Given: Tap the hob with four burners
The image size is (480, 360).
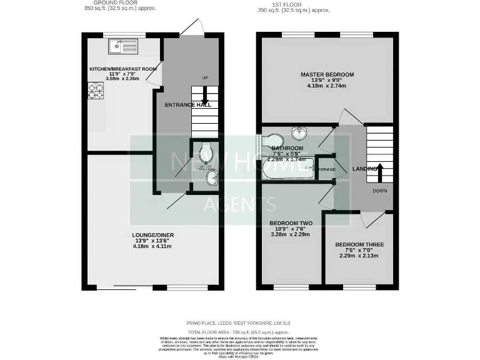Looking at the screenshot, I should coord(96,91).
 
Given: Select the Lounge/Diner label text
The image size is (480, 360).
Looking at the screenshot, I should coord(153,235).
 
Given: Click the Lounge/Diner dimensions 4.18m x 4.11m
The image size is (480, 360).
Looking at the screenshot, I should coord(153,247).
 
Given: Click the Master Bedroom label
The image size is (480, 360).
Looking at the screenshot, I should coord(327,75).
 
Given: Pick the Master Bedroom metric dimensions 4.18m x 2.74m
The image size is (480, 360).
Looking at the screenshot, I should coord(327,86).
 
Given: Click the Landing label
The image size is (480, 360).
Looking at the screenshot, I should coord(363,169).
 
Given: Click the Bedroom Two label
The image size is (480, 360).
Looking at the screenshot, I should coord(291,223).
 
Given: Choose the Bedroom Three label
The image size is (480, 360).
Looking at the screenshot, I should coord(359,244).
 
